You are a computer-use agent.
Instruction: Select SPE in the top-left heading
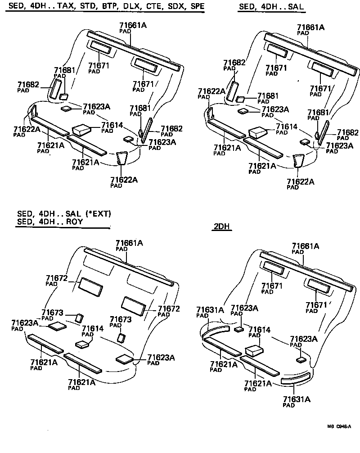tap(197, 7)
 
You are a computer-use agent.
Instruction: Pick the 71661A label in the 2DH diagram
tap(306, 246)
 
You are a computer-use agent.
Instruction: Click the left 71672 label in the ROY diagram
tap(57, 278)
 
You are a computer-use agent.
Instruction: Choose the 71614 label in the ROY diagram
tap(92, 329)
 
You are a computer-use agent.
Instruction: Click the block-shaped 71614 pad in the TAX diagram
tap(81, 129)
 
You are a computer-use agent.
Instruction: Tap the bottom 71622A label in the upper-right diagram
tap(301, 181)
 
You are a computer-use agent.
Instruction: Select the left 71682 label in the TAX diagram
tap(28, 85)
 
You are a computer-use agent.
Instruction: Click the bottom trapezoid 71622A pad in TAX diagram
tap(121, 159)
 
